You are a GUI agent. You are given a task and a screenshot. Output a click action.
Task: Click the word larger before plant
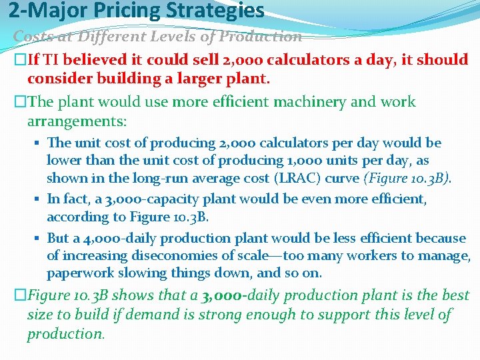205,79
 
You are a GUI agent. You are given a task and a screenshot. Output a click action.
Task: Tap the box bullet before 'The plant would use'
19,102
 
